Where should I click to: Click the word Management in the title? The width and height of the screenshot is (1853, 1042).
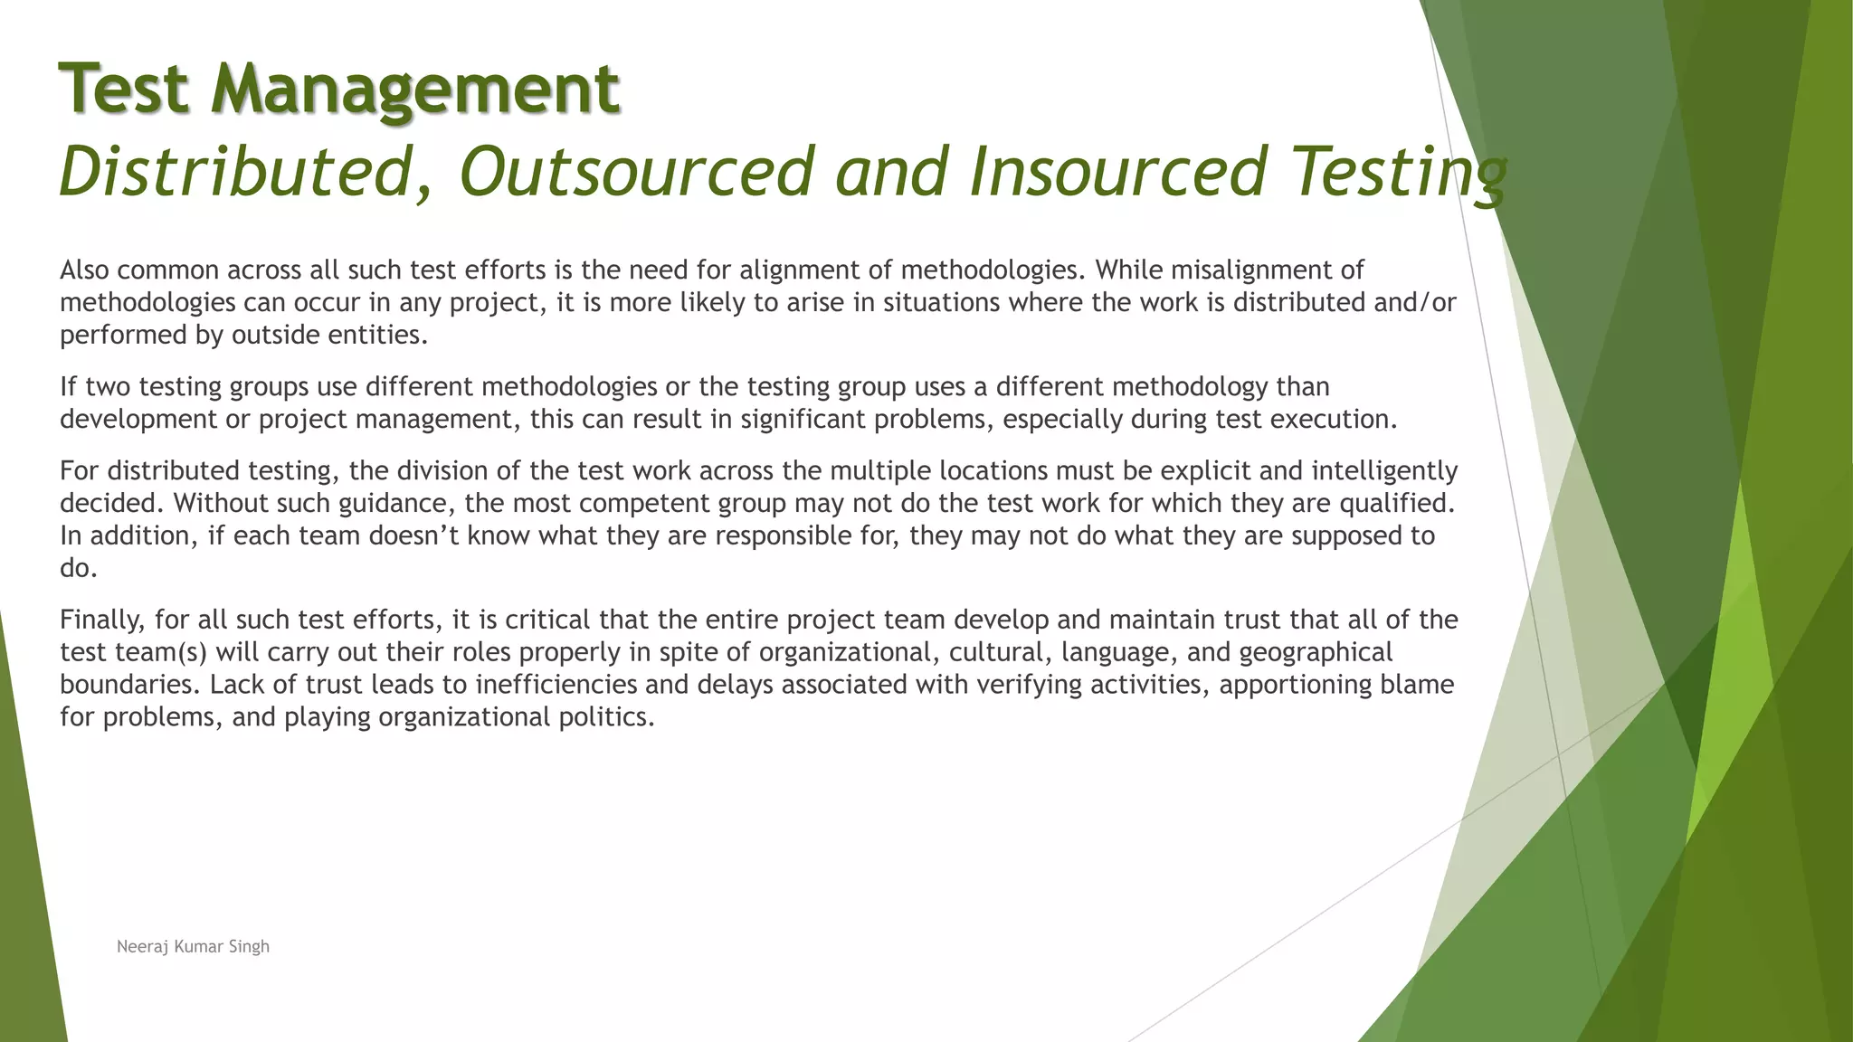[415, 90]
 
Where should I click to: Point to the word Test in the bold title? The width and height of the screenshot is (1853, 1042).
[124, 90]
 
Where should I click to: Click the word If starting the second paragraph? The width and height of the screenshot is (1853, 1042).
[68, 387]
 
